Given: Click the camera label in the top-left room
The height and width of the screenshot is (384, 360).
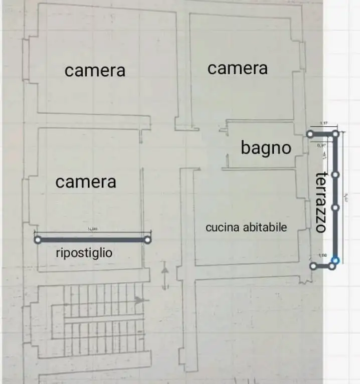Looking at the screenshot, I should click(95, 71).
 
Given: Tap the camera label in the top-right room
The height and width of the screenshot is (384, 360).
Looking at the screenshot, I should click(237, 68).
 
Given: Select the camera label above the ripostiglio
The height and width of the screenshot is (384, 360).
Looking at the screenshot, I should click(85, 182).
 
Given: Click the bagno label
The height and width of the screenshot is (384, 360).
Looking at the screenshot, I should click(265, 148).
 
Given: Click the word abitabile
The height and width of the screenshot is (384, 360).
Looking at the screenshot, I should click(264, 227).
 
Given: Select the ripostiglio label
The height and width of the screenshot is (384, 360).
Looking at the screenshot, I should click(84, 254).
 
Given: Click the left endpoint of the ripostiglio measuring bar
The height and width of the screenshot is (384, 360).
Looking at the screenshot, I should click(38, 240).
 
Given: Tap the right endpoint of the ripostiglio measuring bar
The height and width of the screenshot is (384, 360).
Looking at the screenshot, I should click(147, 240).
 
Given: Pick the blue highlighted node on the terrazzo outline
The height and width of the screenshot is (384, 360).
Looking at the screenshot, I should click(335, 260).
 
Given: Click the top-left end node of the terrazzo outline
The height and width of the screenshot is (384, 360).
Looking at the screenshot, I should click(310, 134).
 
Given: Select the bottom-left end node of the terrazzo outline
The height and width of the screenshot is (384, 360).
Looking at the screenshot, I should click(313, 266).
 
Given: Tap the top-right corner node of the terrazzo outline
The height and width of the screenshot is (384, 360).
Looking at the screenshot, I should click(336, 134).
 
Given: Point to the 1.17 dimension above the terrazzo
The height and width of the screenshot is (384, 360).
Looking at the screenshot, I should click(323, 123).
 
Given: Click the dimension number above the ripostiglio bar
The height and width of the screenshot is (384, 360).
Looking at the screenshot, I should click(92, 230).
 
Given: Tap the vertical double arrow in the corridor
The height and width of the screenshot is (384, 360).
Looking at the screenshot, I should click(164, 276).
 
